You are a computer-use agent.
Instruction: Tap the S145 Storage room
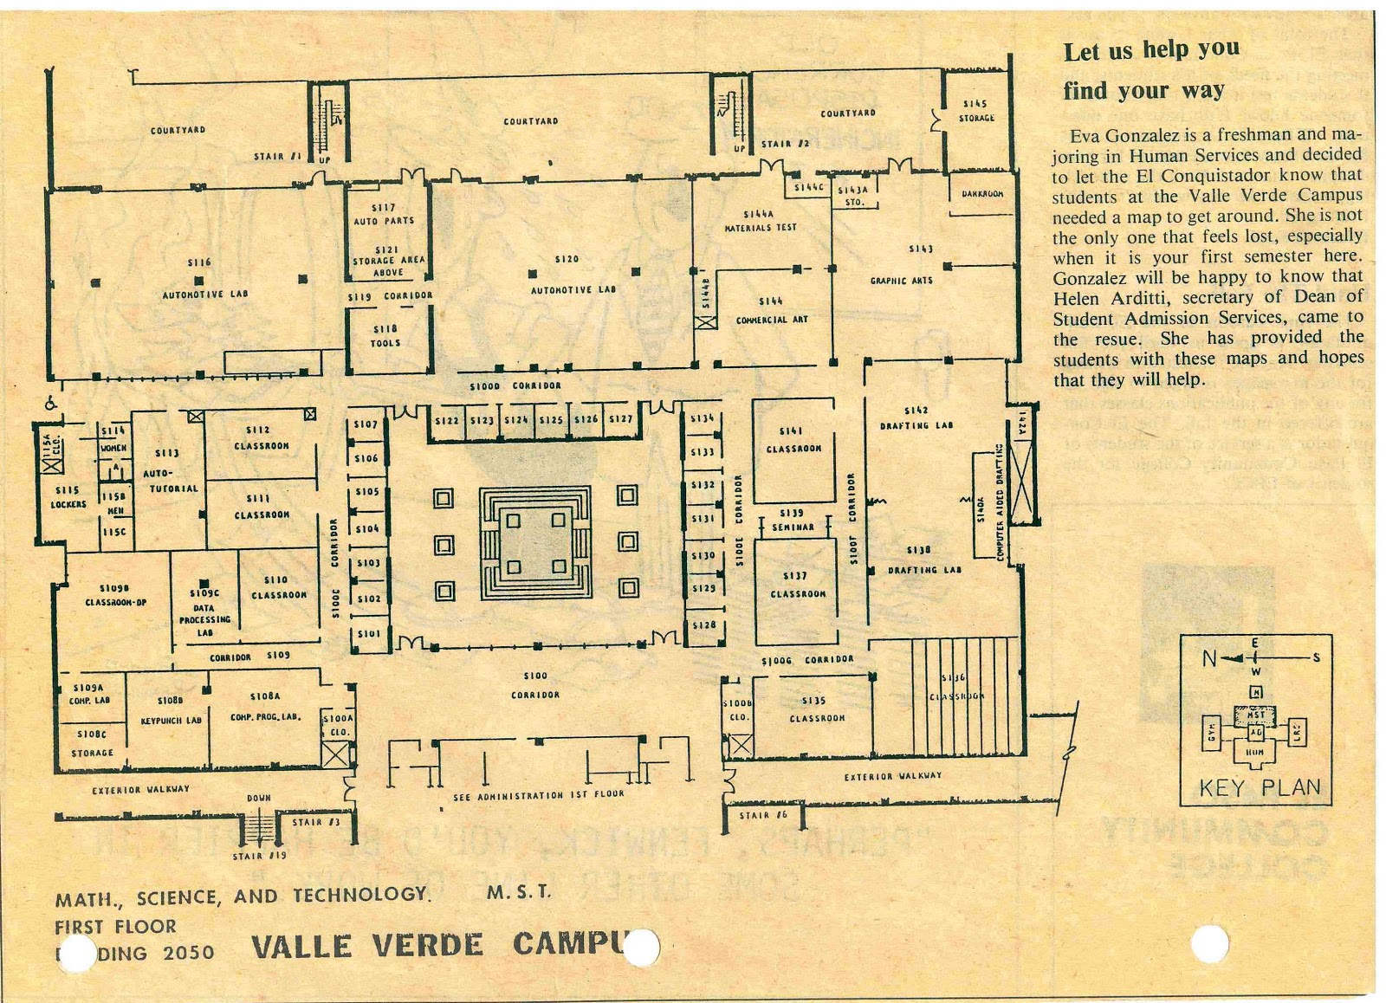pos(976,111)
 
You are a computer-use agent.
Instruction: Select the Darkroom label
pos(981,194)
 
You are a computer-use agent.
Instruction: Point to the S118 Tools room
pos(385,336)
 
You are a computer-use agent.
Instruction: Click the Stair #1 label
pos(276,157)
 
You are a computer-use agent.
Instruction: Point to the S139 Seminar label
pos(792,520)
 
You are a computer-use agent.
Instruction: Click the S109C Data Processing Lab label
pos(204,612)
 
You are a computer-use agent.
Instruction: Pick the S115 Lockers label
pos(68,497)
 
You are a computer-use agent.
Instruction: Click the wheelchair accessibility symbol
pos(52,402)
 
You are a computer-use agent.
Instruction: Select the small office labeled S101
pos(368,633)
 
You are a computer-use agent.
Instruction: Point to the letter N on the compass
pos(1209,658)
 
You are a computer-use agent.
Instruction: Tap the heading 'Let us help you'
pos(1151,50)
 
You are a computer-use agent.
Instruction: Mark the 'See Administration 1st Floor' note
pos(537,794)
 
